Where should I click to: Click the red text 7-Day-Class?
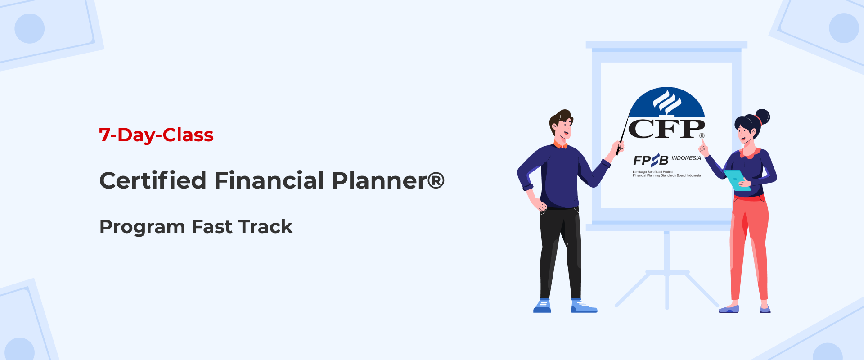click(156, 135)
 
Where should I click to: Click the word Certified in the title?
click(153, 180)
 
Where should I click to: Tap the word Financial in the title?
click(269, 180)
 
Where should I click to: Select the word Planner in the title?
click(379, 180)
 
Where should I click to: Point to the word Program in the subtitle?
click(142, 227)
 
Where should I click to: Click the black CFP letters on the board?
click(666, 129)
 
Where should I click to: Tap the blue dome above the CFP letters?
click(667, 102)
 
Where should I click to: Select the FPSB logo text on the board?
click(651, 160)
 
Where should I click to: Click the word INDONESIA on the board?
click(686, 158)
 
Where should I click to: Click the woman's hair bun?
click(762, 117)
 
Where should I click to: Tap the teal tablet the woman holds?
click(737, 180)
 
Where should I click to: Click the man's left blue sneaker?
click(542, 306)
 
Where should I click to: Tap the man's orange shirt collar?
click(560, 144)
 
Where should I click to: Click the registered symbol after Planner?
click(436, 180)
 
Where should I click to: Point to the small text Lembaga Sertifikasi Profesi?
click(653, 172)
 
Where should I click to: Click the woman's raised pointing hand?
click(703, 146)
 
